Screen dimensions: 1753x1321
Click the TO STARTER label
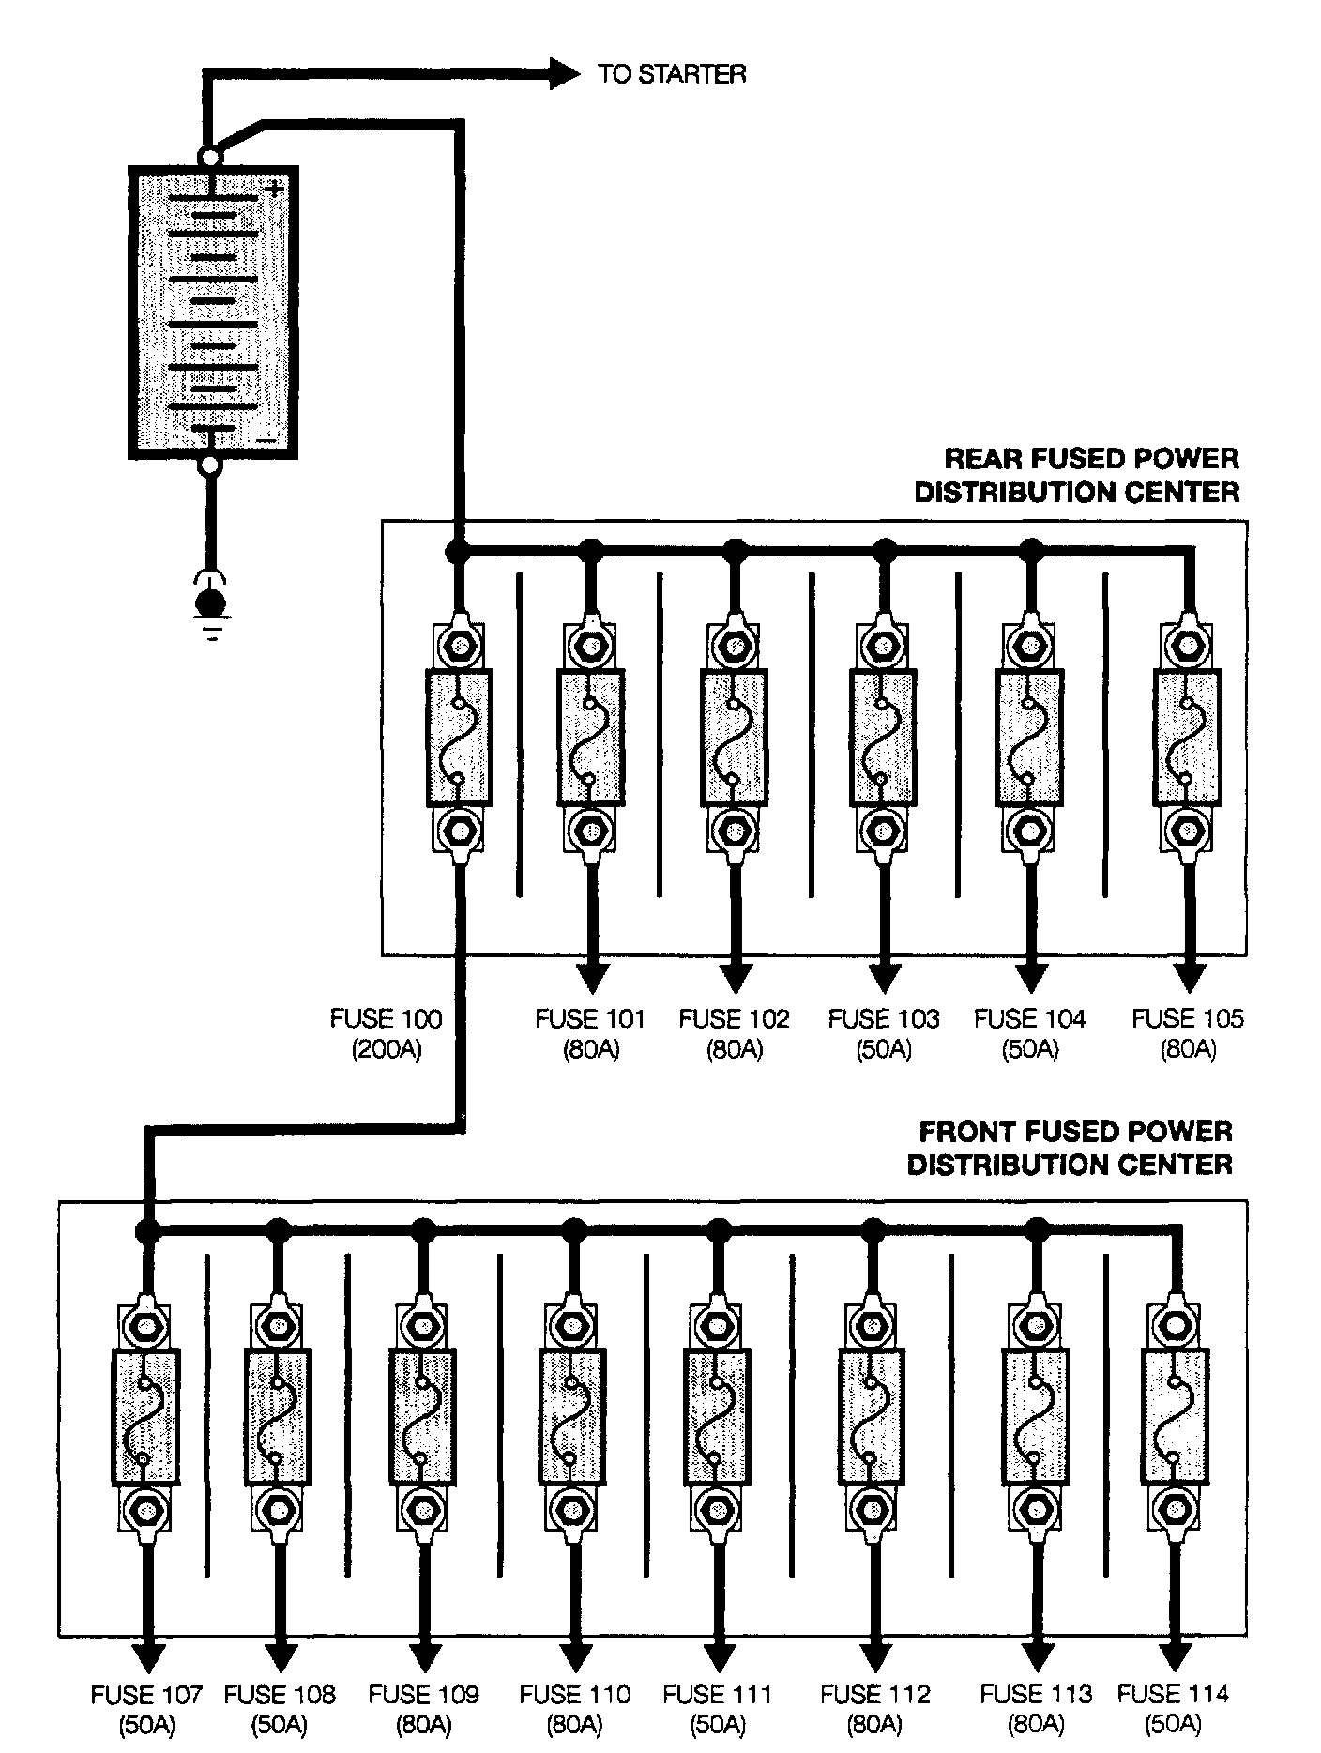click(x=672, y=73)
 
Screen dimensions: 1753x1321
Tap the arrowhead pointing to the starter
click(x=565, y=73)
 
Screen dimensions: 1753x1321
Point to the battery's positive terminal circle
click(x=210, y=158)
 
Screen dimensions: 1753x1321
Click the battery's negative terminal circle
click(x=210, y=465)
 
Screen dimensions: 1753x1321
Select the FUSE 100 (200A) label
click(x=386, y=1033)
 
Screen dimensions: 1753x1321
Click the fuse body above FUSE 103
click(x=883, y=737)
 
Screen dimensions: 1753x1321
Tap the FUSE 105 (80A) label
click(x=1187, y=1033)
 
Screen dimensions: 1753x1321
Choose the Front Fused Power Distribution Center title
click(x=1070, y=1148)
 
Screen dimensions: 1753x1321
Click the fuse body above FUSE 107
click(x=145, y=1418)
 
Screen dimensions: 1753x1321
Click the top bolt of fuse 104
click(x=1029, y=647)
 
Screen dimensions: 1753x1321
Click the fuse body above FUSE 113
click(x=1036, y=1418)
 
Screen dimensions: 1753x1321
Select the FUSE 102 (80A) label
click(x=734, y=1033)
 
